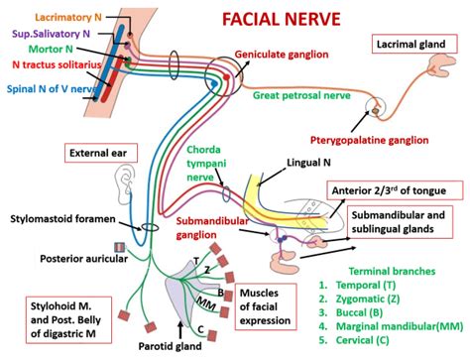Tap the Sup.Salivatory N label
point(50,33)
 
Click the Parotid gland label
point(201,346)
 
